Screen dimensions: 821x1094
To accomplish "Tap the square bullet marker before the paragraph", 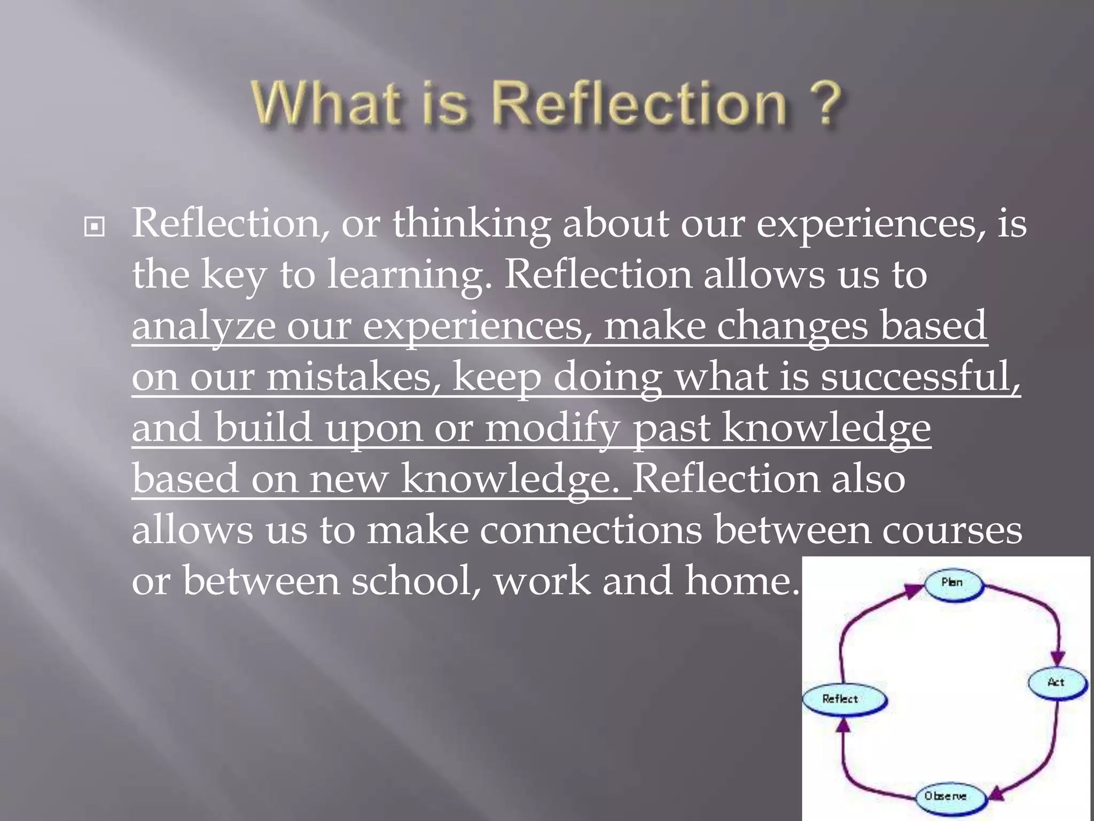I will tap(95, 228).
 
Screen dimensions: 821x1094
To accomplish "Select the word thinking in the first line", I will tap(471, 223).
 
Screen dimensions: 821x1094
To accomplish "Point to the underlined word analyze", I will tap(203, 326).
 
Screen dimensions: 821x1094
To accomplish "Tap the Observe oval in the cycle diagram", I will tap(945, 796).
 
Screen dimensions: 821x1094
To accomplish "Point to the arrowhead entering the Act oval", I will tap(1058, 659).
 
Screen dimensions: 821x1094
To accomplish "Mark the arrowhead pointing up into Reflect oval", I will tap(842, 725).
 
